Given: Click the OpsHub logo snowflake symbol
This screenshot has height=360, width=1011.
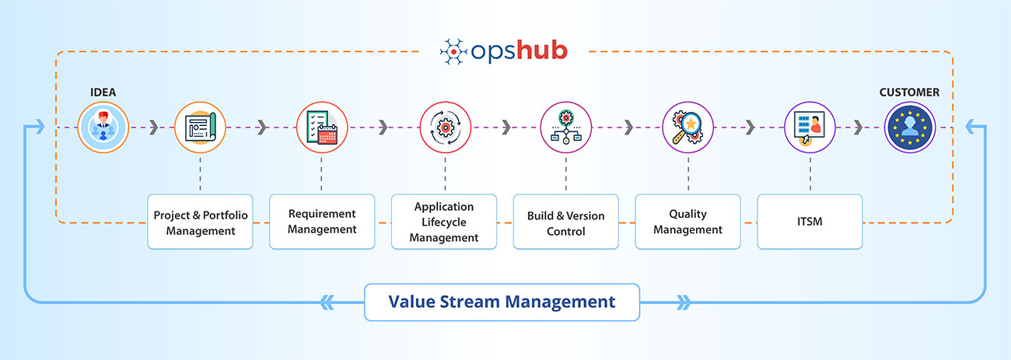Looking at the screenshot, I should pos(453,51).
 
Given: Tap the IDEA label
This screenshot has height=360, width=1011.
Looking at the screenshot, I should pos(102,93).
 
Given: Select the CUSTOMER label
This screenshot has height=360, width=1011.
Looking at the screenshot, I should pos(909,93).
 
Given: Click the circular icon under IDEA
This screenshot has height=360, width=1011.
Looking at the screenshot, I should pos(102,128).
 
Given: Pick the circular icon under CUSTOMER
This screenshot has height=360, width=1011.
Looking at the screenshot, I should pos(909,128).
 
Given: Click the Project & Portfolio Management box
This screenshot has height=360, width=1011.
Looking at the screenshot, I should pos(201,222).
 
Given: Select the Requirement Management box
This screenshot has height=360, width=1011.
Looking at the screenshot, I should pos(322,222).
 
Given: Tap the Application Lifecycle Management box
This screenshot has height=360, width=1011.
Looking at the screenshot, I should pos(443,222).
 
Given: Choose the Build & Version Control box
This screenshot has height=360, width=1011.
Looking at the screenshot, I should pos(565,222).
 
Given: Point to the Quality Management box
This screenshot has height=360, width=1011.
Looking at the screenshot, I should pos(687,222).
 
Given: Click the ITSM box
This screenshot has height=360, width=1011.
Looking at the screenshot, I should pos(810,222).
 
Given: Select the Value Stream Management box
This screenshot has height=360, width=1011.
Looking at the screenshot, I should pos(502,302).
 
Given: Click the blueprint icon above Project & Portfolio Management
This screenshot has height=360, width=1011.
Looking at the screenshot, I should pos(200,128).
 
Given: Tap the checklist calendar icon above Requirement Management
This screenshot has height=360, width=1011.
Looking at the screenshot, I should pos(321,128).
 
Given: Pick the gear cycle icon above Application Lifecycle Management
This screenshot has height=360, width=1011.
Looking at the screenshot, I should pos(445,128).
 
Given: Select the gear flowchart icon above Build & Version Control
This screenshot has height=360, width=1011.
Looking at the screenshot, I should pos(565,128).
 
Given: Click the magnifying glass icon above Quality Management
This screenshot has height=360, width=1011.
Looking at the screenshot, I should pos(687,128).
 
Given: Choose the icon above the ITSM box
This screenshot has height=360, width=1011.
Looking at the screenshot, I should pos(810,128).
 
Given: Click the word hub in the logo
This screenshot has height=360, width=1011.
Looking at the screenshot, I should pos(540,51).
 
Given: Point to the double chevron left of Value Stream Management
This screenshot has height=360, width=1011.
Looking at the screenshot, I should pos(327,302).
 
